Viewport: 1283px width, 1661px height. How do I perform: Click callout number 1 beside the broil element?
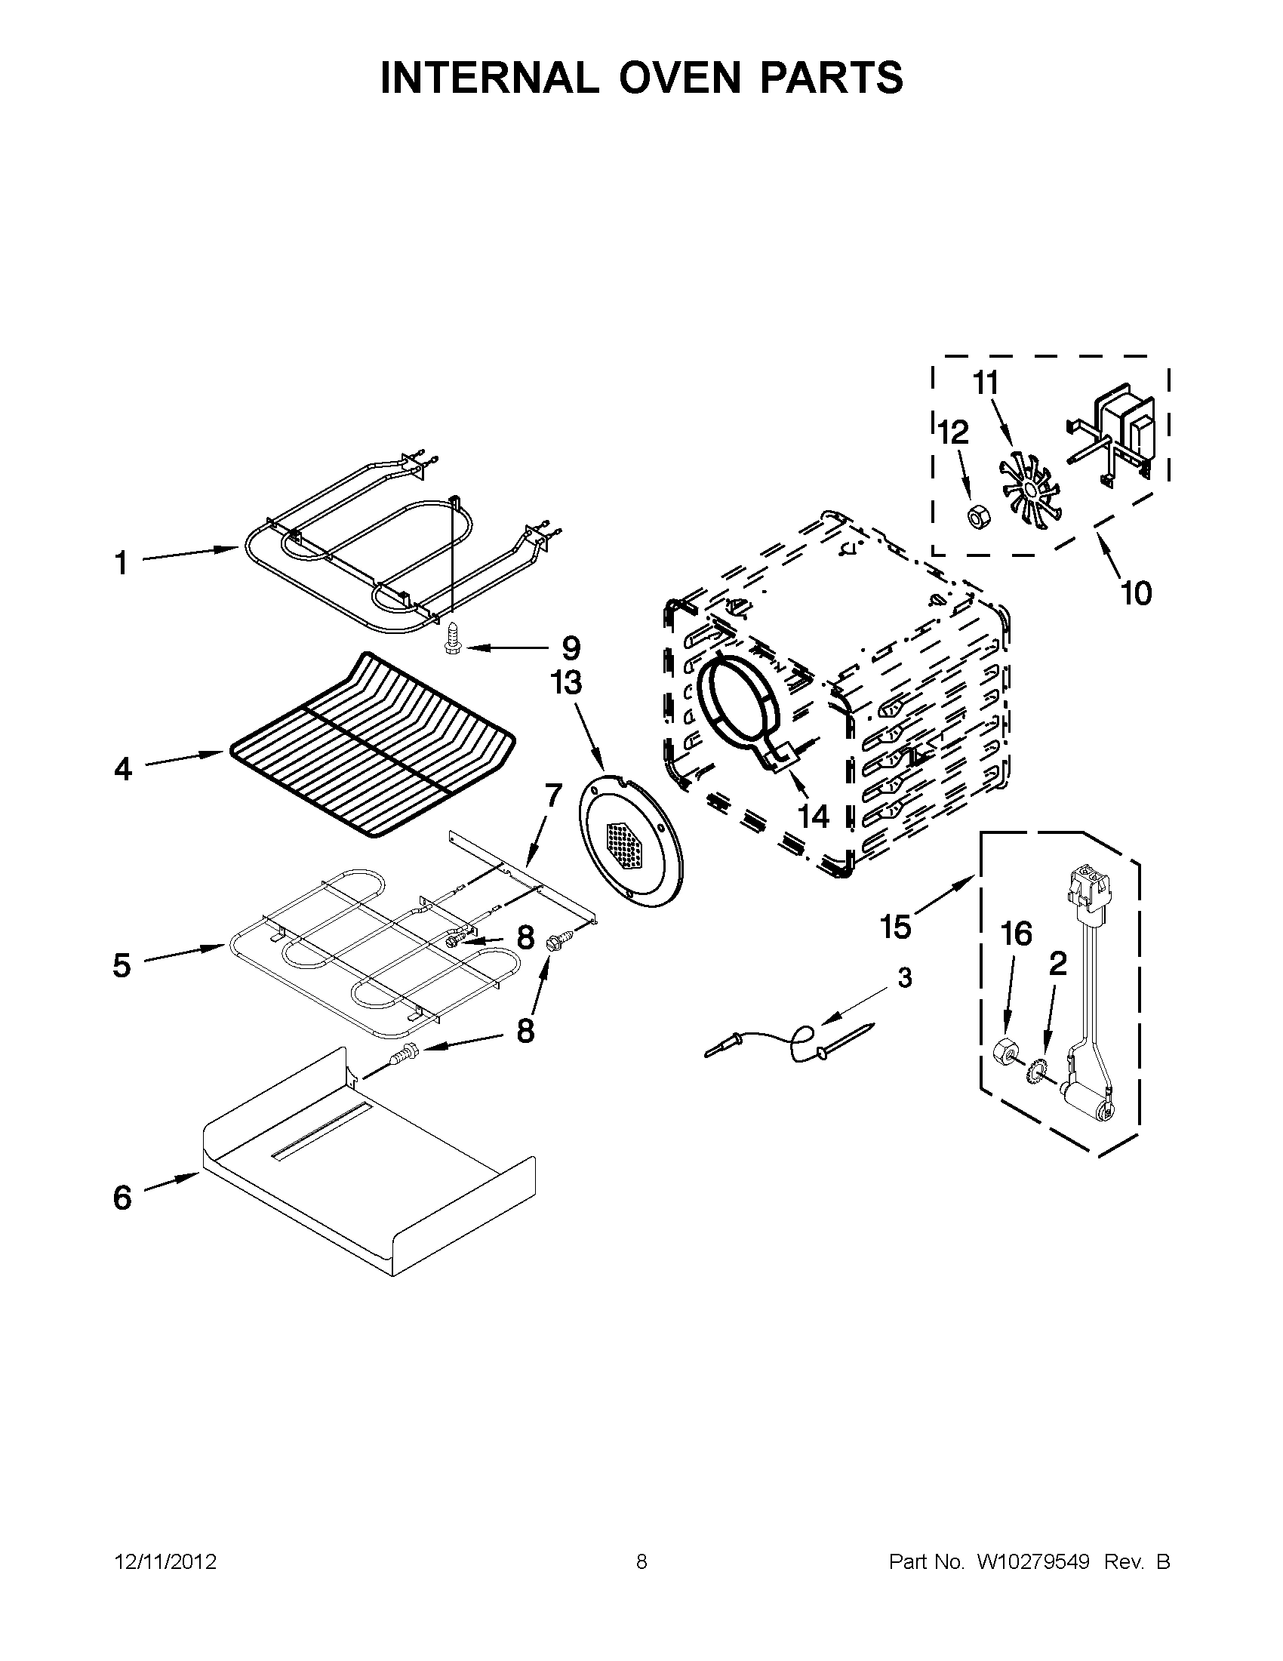click(x=121, y=564)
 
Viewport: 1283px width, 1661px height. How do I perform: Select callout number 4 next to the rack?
click(x=122, y=769)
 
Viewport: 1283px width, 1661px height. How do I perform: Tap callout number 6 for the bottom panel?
click(x=122, y=1198)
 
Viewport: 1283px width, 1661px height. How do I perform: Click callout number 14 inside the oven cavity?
click(x=813, y=816)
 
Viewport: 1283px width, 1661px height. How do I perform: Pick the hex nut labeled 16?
click(x=1007, y=1055)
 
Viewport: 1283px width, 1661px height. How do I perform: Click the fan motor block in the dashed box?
click(x=1122, y=430)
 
